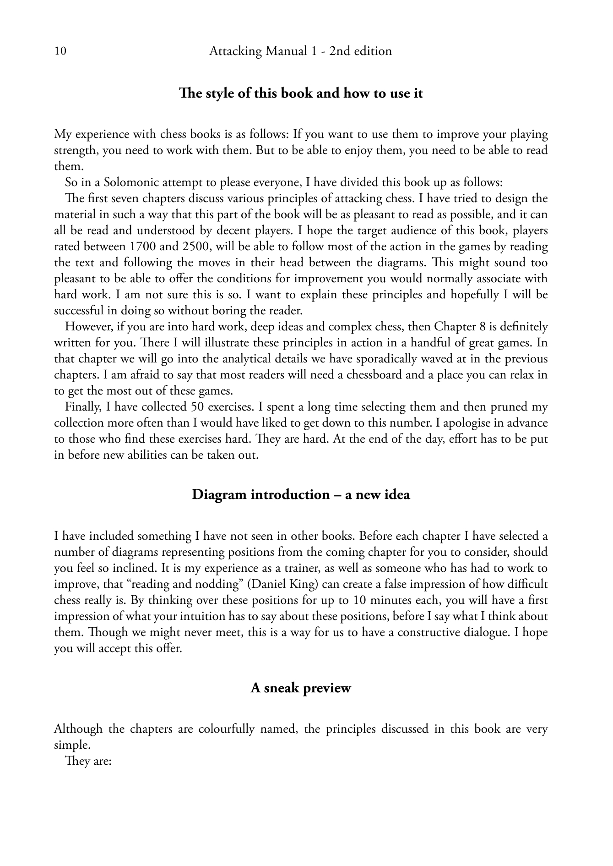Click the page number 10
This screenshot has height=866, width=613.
60,51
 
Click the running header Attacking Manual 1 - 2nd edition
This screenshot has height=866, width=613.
300,51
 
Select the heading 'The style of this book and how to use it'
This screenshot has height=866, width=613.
301,93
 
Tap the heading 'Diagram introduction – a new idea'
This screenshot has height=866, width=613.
301,495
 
